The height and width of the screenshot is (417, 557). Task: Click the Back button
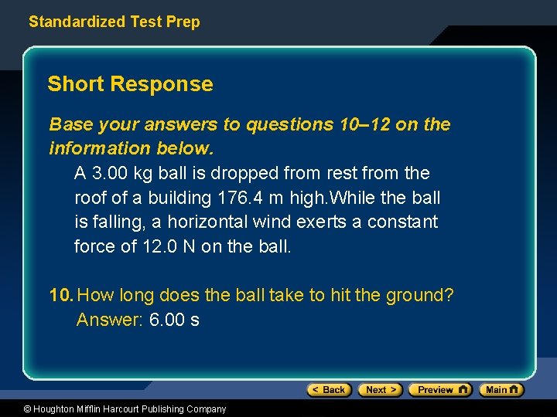(330, 390)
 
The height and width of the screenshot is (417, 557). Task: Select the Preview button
(439, 390)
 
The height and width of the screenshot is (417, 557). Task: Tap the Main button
(501, 390)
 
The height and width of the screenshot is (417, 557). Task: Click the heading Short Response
(130, 84)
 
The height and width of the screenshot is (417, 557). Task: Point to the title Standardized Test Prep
(114, 22)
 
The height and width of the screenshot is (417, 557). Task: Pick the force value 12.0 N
(168, 247)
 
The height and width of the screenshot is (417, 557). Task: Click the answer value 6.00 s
(174, 320)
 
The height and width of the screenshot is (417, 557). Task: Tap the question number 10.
(61, 295)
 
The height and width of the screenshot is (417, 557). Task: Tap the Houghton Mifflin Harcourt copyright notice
(114, 409)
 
